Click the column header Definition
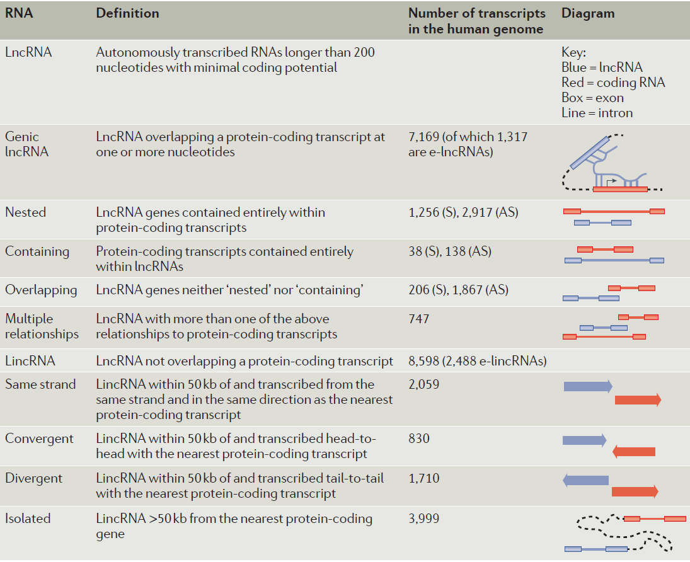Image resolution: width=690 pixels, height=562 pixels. coord(127,13)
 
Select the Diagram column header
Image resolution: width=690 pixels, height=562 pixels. coord(588,13)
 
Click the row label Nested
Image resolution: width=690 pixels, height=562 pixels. coord(25,212)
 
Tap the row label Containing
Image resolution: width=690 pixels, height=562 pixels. coord(37,251)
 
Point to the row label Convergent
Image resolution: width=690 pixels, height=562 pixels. coord(39,439)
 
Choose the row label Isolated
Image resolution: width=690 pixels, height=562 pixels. coord(28,519)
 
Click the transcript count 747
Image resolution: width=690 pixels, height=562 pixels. coord(419,319)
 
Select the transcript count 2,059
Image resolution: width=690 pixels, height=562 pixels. coord(423,384)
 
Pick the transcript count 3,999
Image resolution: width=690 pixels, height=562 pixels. coord(423,519)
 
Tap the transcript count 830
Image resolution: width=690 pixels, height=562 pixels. coord(419,439)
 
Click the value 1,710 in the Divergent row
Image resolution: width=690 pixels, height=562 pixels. coord(423,478)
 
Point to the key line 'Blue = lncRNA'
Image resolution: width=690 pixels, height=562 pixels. coord(602,68)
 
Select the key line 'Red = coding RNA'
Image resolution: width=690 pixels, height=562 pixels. coord(612,83)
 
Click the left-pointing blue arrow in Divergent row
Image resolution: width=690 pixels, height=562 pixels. coord(585,480)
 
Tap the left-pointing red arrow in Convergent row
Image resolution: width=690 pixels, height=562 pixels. coord(634,451)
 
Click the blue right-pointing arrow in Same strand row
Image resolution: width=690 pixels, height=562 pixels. coord(587,386)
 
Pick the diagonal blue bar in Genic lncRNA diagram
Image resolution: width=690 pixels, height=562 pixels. coord(591,152)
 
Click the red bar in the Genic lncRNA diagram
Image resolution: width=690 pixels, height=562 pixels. coord(620,188)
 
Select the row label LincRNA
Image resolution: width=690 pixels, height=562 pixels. coord(30,361)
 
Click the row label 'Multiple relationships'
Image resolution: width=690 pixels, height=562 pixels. coord(42,326)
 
